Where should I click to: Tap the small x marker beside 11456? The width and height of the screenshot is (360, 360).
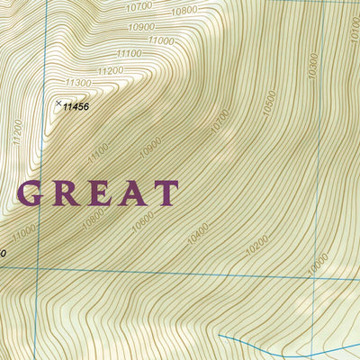click(x=58, y=103)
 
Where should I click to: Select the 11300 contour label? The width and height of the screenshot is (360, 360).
click(x=78, y=83)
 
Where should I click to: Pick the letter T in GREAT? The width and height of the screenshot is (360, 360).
click(x=165, y=193)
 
